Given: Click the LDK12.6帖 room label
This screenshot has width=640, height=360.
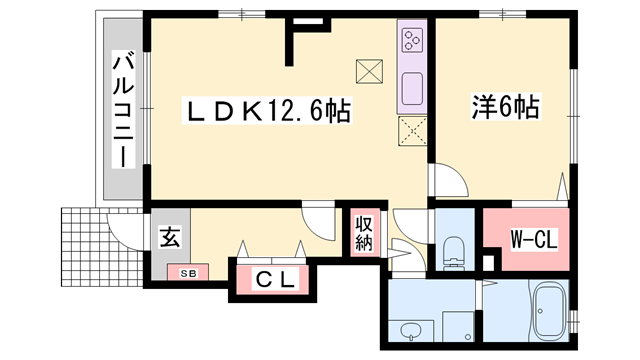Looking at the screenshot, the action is (268, 111).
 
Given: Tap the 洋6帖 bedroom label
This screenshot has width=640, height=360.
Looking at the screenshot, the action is (506, 107).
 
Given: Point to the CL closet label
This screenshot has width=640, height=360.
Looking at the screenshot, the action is (275, 280).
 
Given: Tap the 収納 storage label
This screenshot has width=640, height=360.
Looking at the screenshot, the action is (364, 233).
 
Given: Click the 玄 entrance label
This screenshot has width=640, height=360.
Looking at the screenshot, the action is (170, 237).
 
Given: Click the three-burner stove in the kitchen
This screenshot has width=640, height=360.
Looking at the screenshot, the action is (412, 40).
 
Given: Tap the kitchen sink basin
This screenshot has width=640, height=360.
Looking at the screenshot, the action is (412, 89).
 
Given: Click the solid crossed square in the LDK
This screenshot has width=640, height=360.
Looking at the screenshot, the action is (369, 71).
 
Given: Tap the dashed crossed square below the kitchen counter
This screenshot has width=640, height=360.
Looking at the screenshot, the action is (413, 131).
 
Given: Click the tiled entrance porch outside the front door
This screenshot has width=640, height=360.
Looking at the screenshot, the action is (102, 247).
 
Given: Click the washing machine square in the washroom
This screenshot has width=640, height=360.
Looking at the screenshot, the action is (458, 327).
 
